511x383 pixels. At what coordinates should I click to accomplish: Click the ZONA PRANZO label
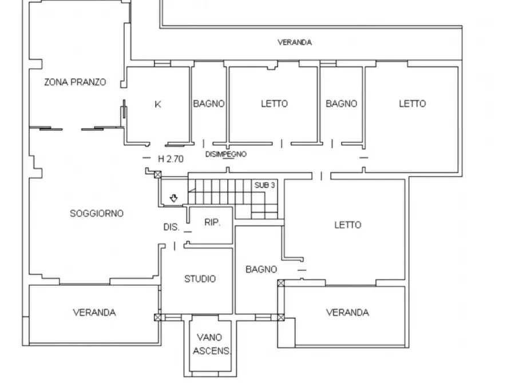[76, 82]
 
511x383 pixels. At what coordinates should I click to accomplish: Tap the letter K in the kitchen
[158, 104]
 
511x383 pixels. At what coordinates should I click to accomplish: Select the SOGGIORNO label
[97, 214]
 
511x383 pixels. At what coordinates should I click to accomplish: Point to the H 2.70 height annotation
[171, 159]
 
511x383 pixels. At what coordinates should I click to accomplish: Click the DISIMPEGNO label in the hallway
[226, 154]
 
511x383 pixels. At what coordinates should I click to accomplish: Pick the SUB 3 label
[264, 185]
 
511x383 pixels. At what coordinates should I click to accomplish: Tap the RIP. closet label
[212, 222]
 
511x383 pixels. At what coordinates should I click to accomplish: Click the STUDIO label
[200, 279]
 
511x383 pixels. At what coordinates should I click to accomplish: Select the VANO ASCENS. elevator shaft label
[212, 344]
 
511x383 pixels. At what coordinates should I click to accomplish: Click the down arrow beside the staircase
[174, 198]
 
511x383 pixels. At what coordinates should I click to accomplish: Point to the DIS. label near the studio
[171, 227]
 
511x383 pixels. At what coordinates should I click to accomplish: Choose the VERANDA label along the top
[295, 42]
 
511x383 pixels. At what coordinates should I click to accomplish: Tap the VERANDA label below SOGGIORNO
[94, 313]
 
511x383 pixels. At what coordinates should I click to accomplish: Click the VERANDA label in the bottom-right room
[348, 313]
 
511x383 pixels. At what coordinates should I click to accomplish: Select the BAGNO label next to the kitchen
[209, 104]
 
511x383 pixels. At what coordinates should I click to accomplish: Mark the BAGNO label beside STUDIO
[262, 270]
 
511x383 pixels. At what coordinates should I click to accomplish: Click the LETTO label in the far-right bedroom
[413, 104]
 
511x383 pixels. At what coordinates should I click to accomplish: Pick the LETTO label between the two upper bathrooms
[275, 104]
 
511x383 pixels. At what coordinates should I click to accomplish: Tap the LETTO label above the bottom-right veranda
[348, 225]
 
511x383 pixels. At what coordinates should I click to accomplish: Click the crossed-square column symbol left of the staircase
[158, 174]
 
